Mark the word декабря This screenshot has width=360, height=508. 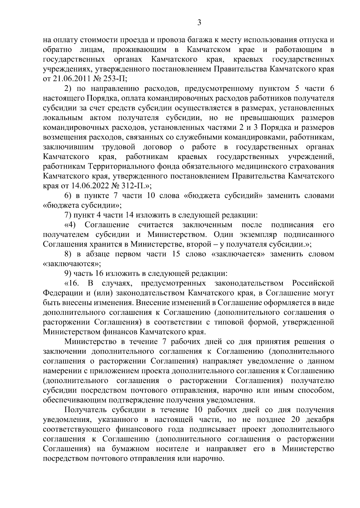point(319,420)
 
